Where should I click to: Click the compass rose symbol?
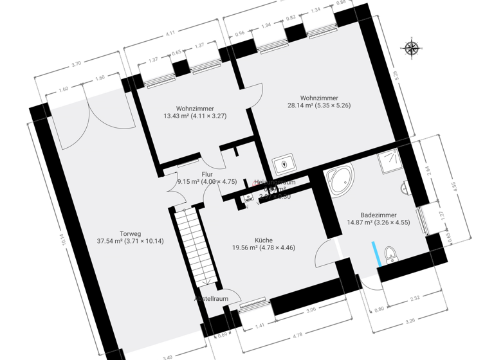[412, 47]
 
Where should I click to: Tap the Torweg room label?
[130, 233]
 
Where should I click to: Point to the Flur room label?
[207, 174]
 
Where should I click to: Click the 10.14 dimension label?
[64, 238]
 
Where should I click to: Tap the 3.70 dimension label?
[77, 64]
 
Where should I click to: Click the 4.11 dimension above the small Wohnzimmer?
[170, 33]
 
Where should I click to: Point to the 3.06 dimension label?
[310, 309]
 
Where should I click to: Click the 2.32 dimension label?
[414, 297]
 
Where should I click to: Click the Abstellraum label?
[212, 299]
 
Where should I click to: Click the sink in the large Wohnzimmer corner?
[283, 165]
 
